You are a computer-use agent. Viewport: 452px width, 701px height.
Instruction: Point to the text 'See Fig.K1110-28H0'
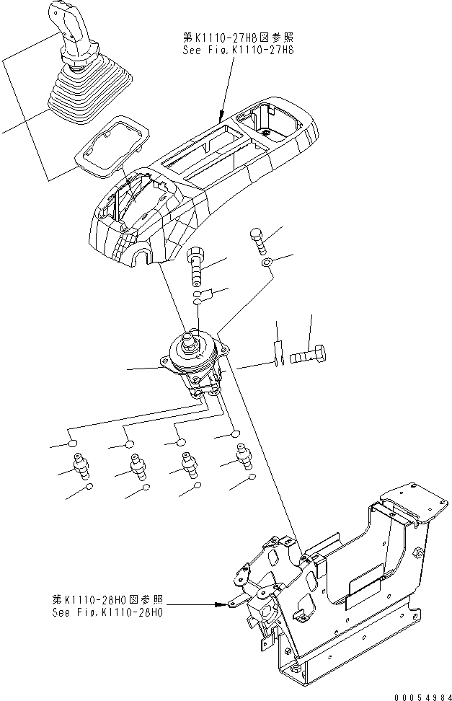point(108,613)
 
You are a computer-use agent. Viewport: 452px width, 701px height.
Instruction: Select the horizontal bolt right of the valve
point(308,356)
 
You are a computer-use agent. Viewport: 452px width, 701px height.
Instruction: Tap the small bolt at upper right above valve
point(259,237)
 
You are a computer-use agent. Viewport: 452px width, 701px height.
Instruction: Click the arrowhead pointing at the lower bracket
point(221,606)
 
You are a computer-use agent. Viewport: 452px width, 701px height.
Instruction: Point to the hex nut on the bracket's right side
point(420,552)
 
